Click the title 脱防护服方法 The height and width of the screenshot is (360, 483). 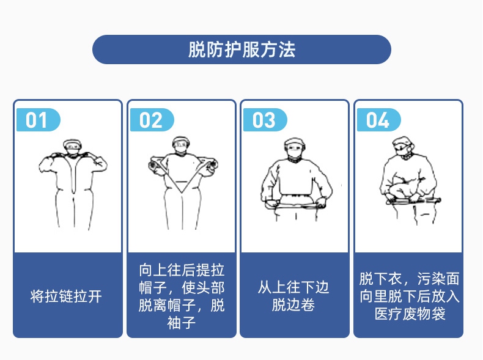242,50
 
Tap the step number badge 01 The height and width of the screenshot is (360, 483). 37,120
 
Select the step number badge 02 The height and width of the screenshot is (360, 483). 150,120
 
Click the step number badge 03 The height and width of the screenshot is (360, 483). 264,120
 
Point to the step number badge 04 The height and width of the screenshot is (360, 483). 377,120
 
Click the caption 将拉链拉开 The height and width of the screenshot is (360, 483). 67,297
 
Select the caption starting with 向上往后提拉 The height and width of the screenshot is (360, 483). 182,296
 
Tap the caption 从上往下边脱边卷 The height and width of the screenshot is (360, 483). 294,296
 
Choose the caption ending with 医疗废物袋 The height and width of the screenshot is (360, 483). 408,296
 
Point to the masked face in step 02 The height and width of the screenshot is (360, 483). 181,147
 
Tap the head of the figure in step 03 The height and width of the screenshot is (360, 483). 295,149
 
